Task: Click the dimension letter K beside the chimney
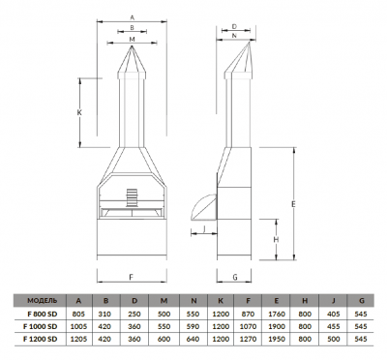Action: click(79, 113)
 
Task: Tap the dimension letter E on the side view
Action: click(293, 204)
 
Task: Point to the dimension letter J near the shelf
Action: click(204, 228)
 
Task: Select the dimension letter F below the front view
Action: click(132, 277)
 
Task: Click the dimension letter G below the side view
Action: click(235, 277)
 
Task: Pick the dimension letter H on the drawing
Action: click(276, 240)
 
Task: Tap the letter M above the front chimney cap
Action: click(132, 39)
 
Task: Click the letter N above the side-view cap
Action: click(234, 36)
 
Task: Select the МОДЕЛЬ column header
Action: click(43, 301)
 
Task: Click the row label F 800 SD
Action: click(42, 314)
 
